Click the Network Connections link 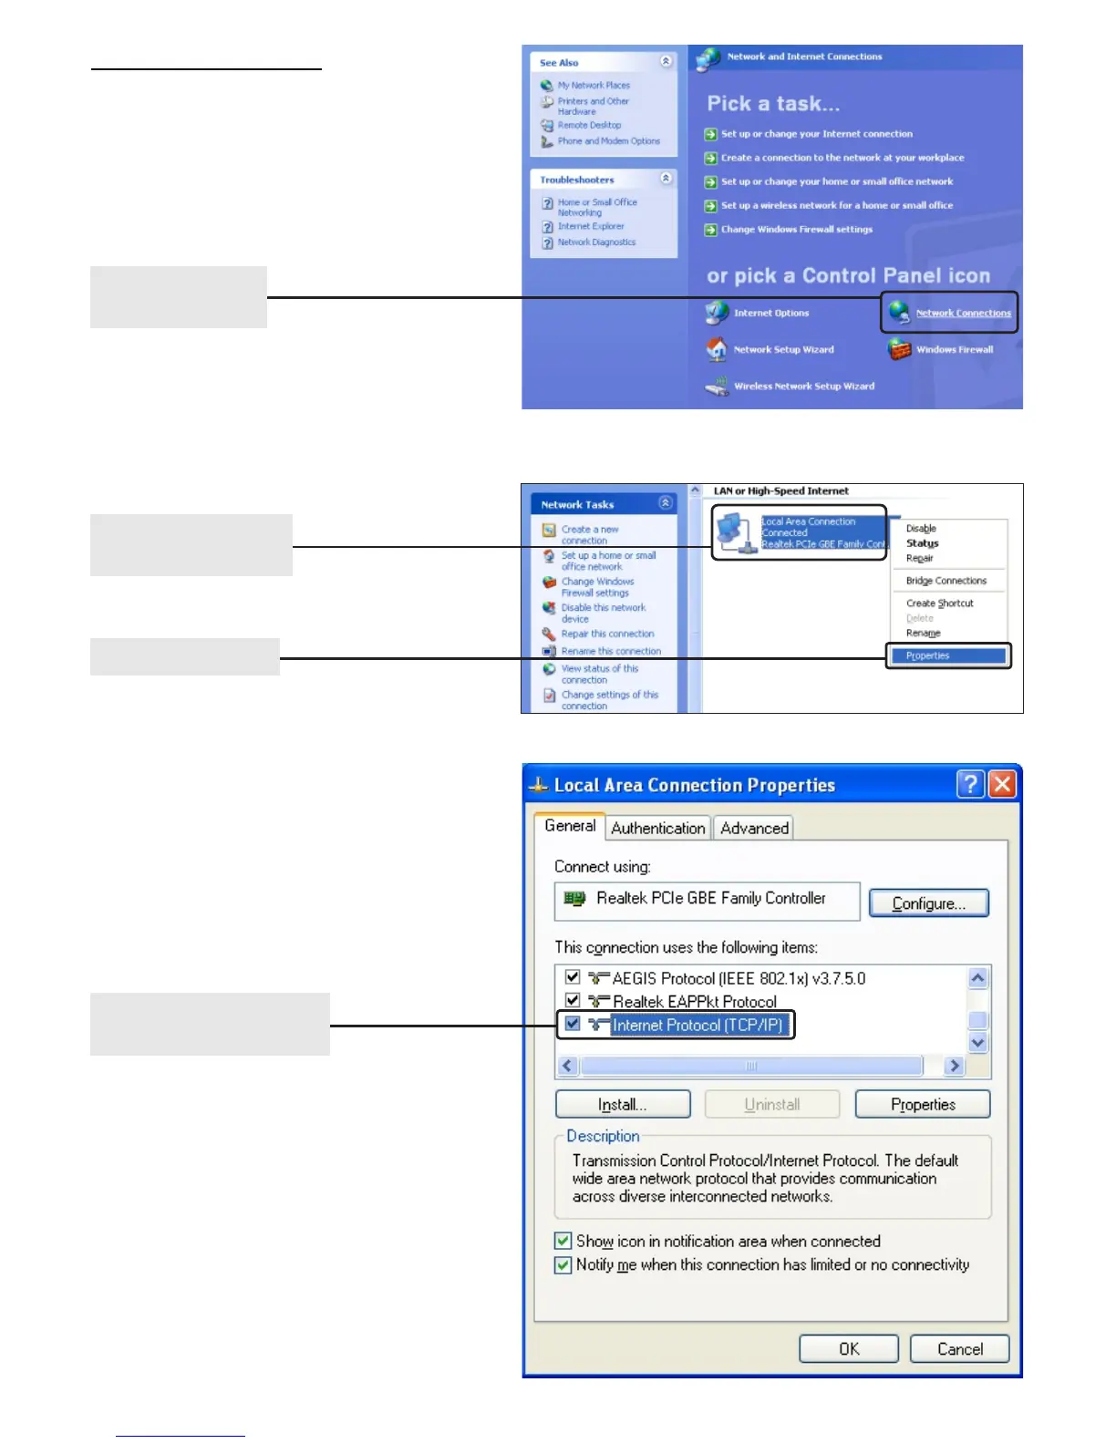click(963, 313)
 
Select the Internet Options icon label click(771, 313)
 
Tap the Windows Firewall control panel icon click(900, 349)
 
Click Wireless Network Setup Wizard click(803, 387)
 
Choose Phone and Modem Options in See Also click(608, 141)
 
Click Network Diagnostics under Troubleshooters click(596, 242)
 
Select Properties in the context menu click(928, 655)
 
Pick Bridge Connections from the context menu click(945, 581)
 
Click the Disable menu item click(921, 529)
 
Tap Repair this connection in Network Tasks click(607, 634)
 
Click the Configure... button click(928, 903)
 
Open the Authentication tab click(657, 828)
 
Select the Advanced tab click(754, 828)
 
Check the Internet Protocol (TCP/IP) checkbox click(573, 1024)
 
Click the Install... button click(623, 1104)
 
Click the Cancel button click(959, 1349)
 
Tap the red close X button click(1002, 784)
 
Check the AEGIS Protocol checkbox click(573, 977)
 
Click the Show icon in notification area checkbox click(563, 1241)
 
